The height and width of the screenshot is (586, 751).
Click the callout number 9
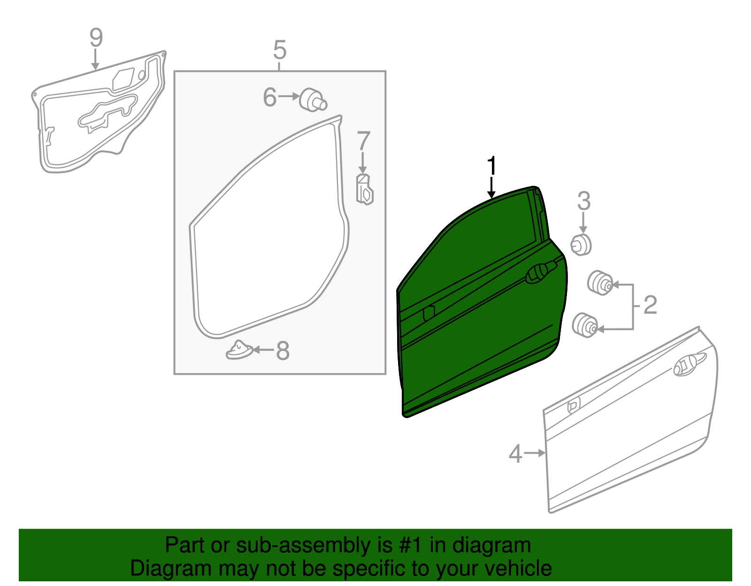[x=96, y=38]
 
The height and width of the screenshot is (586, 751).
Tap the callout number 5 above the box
[x=279, y=50]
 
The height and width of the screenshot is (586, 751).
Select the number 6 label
[x=270, y=98]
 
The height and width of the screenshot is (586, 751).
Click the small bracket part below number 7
[x=364, y=189]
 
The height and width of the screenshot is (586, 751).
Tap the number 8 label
[x=283, y=350]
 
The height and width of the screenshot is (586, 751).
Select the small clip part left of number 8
[x=239, y=350]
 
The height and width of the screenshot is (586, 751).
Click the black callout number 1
[x=491, y=166]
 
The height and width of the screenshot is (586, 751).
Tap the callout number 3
[x=583, y=201]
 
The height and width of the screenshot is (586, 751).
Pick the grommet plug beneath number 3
[x=581, y=244]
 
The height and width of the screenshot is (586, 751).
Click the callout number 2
[x=650, y=305]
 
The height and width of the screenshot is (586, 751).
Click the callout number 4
[x=515, y=454]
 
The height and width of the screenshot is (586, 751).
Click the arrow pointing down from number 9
[x=96, y=60]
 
